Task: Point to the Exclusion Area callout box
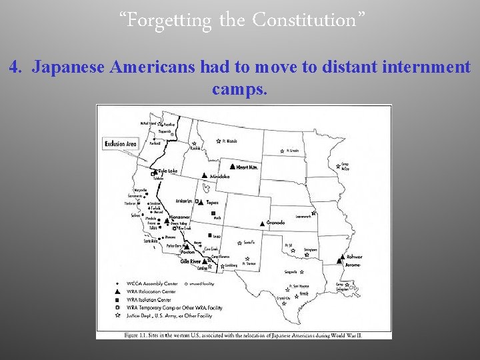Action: (121, 143)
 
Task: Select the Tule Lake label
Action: (168, 171)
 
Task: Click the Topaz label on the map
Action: (213, 201)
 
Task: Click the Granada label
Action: (275, 223)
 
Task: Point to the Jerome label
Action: (353, 265)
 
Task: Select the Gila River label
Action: (189, 261)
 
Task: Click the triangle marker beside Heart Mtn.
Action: (231, 166)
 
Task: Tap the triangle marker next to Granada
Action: (264, 222)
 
